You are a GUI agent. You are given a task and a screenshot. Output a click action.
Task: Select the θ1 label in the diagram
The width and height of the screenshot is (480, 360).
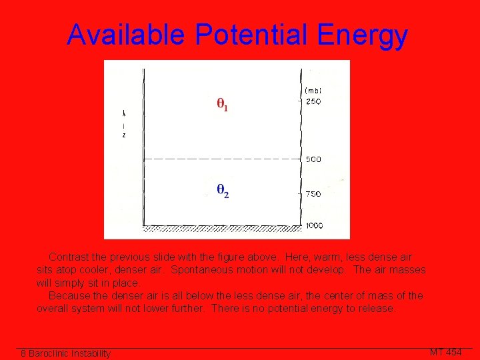point(222,105)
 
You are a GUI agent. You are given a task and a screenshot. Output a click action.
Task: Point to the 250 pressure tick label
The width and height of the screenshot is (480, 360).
point(313,102)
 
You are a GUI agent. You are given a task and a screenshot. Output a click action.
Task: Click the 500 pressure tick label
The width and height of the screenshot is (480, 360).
point(313,159)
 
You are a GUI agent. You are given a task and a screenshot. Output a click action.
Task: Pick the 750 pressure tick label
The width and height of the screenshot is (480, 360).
point(313,194)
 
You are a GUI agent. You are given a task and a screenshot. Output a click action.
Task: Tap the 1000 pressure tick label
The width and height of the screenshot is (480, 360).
point(315,225)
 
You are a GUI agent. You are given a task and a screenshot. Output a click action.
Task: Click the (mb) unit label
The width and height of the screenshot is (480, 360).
point(313,91)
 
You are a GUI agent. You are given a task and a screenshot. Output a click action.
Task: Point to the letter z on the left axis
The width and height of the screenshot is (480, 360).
point(124,135)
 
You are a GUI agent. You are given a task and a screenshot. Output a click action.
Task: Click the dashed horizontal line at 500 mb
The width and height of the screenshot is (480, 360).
point(220,159)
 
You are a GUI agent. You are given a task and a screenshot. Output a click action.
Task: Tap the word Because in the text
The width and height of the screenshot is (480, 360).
point(70,295)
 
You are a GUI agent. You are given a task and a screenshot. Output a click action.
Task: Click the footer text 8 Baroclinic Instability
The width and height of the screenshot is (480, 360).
point(65,353)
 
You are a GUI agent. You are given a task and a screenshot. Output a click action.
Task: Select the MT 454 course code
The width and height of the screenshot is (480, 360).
point(445,352)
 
